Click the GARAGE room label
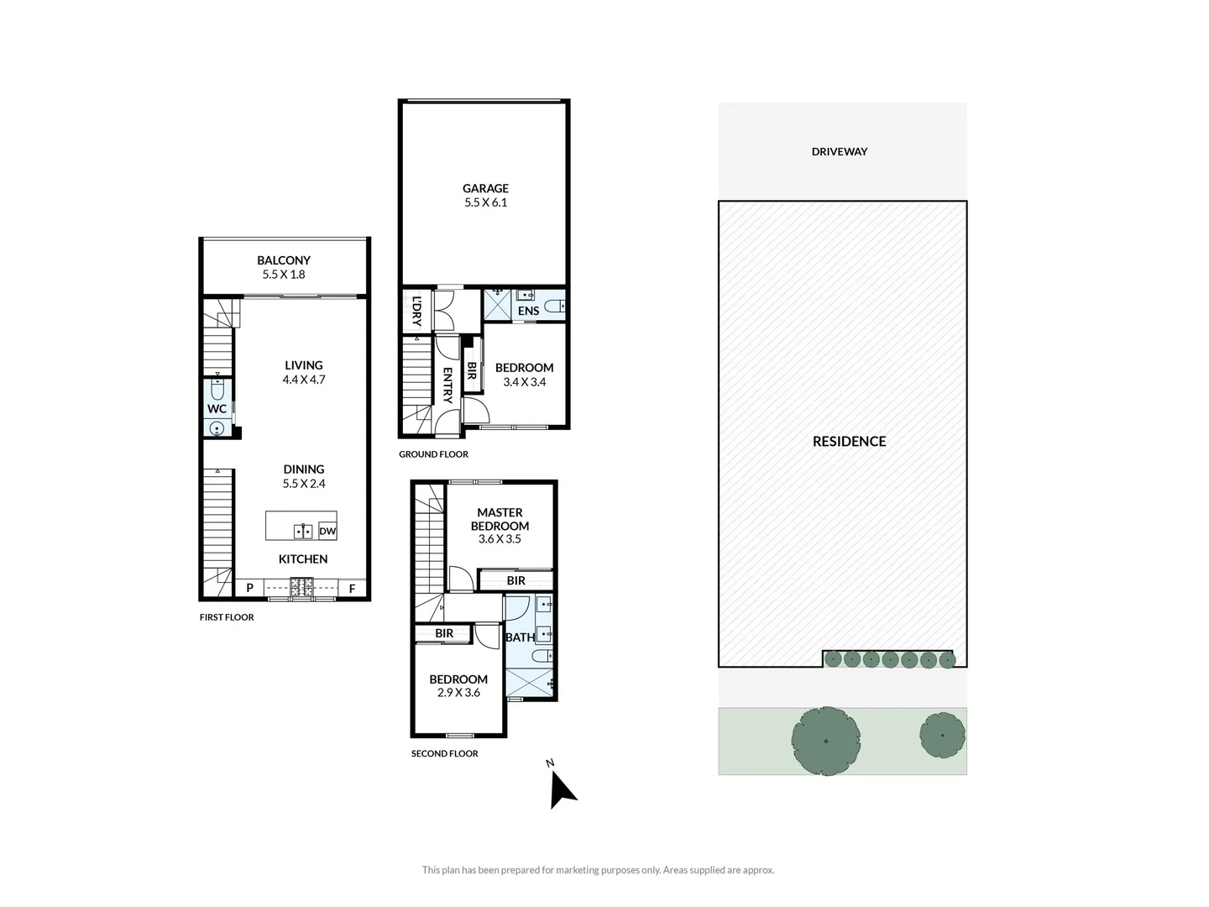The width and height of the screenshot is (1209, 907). point(485,189)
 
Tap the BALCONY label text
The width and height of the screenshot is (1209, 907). point(284,260)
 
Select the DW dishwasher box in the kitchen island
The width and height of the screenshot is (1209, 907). point(327,531)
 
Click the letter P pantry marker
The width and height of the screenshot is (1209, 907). point(249,588)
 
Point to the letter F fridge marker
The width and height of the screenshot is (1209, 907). point(352,588)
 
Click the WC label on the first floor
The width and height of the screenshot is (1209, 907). point(217,409)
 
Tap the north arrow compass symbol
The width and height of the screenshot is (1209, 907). point(561,789)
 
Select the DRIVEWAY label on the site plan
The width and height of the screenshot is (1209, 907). point(839,152)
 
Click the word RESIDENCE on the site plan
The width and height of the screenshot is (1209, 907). point(849,442)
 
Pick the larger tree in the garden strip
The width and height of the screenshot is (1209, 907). point(826,741)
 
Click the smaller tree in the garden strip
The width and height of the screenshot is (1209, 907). point(942,736)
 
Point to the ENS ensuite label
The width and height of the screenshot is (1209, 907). point(528,311)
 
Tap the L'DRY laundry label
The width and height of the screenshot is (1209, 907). point(416,312)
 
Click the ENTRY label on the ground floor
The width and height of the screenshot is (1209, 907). point(447,385)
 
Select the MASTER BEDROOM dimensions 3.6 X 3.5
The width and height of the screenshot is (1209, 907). point(500,539)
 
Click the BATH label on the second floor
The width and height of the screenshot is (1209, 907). point(520,637)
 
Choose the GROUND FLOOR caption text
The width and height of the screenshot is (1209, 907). point(433,454)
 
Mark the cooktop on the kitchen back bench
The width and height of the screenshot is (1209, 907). point(301,588)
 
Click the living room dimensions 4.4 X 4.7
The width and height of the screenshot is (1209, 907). point(303,380)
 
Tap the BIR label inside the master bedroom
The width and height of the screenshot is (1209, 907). point(516,580)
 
